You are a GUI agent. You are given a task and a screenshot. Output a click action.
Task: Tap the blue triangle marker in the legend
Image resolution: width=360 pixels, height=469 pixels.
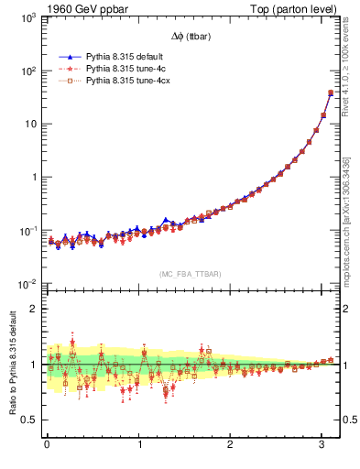click(71, 56)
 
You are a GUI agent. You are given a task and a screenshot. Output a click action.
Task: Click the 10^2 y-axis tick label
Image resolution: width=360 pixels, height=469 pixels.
click(27, 71)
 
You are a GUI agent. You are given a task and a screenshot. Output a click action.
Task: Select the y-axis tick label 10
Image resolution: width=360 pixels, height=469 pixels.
click(30, 125)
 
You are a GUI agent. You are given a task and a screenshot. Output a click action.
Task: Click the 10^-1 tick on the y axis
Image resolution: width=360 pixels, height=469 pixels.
click(27, 231)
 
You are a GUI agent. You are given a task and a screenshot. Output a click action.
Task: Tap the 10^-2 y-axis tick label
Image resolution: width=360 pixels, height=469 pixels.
click(27, 284)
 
